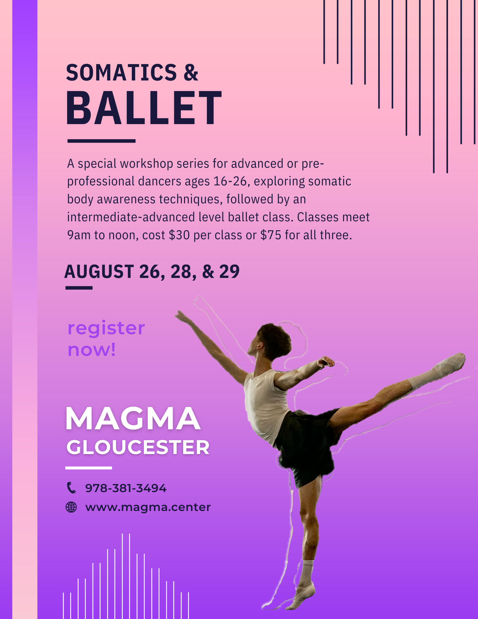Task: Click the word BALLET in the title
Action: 144,108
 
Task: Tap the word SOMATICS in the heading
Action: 121,73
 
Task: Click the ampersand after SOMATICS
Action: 191,73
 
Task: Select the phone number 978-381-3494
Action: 126,488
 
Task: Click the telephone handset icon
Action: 71,488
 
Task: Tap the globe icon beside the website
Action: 71,507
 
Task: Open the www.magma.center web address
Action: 148,507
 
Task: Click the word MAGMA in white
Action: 133,418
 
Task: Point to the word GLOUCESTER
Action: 138,448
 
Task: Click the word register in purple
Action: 106,328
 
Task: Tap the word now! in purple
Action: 92,350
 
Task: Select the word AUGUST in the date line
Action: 99,272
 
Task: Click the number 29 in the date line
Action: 229,272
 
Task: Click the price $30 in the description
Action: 179,235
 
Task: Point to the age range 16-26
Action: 230,181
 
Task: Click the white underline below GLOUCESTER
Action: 88,468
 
